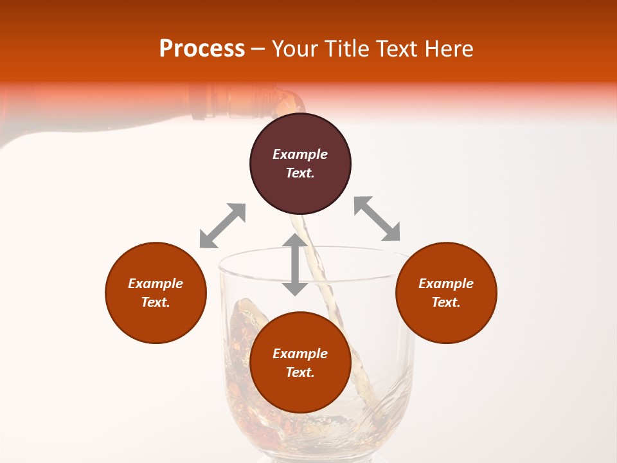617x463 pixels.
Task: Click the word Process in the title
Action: pyautogui.click(x=202, y=49)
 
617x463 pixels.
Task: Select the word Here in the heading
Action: pyautogui.click(x=449, y=49)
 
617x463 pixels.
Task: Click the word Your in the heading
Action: pyautogui.click(x=295, y=49)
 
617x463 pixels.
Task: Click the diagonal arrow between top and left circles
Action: pyautogui.click(x=222, y=226)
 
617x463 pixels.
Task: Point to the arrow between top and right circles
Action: pyautogui.click(x=377, y=219)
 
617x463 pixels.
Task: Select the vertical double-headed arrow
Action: pyautogui.click(x=295, y=264)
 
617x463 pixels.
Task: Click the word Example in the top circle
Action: pyautogui.click(x=300, y=154)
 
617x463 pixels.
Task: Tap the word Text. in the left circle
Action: pyautogui.click(x=156, y=302)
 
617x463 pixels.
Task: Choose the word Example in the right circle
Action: pyautogui.click(x=446, y=284)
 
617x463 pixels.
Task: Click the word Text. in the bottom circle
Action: pyautogui.click(x=300, y=372)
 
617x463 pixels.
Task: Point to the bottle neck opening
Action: pyautogui.click(x=292, y=103)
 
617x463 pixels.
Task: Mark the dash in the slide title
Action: pyautogui.click(x=258, y=50)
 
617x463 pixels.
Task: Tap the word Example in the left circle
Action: pyautogui.click(x=156, y=284)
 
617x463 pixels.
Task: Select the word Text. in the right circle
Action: pyautogui.click(x=446, y=302)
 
